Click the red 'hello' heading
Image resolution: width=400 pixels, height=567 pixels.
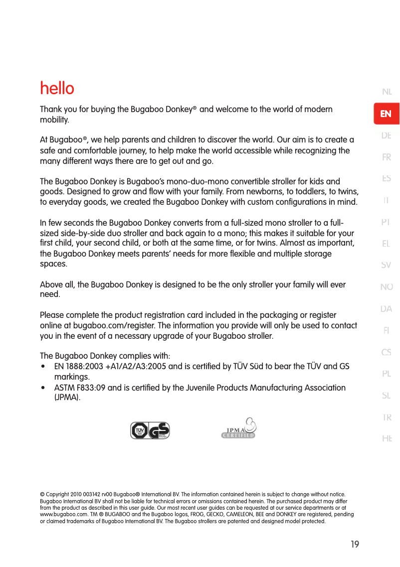point(57,89)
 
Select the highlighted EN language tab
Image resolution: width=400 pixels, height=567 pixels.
point(386,114)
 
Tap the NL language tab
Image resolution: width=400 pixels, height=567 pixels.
point(387,92)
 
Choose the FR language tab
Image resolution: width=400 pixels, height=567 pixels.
point(387,157)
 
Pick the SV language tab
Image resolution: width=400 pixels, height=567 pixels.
point(387,266)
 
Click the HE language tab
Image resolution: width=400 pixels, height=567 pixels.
point(387,438)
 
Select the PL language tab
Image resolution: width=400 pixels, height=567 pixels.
point(387,374)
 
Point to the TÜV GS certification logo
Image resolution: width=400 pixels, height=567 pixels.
point(150,430)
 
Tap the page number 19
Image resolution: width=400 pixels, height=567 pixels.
point(354,545)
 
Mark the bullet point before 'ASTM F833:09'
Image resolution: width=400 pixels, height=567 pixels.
point(43,388)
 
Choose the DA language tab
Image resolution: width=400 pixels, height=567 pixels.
point(387,309)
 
